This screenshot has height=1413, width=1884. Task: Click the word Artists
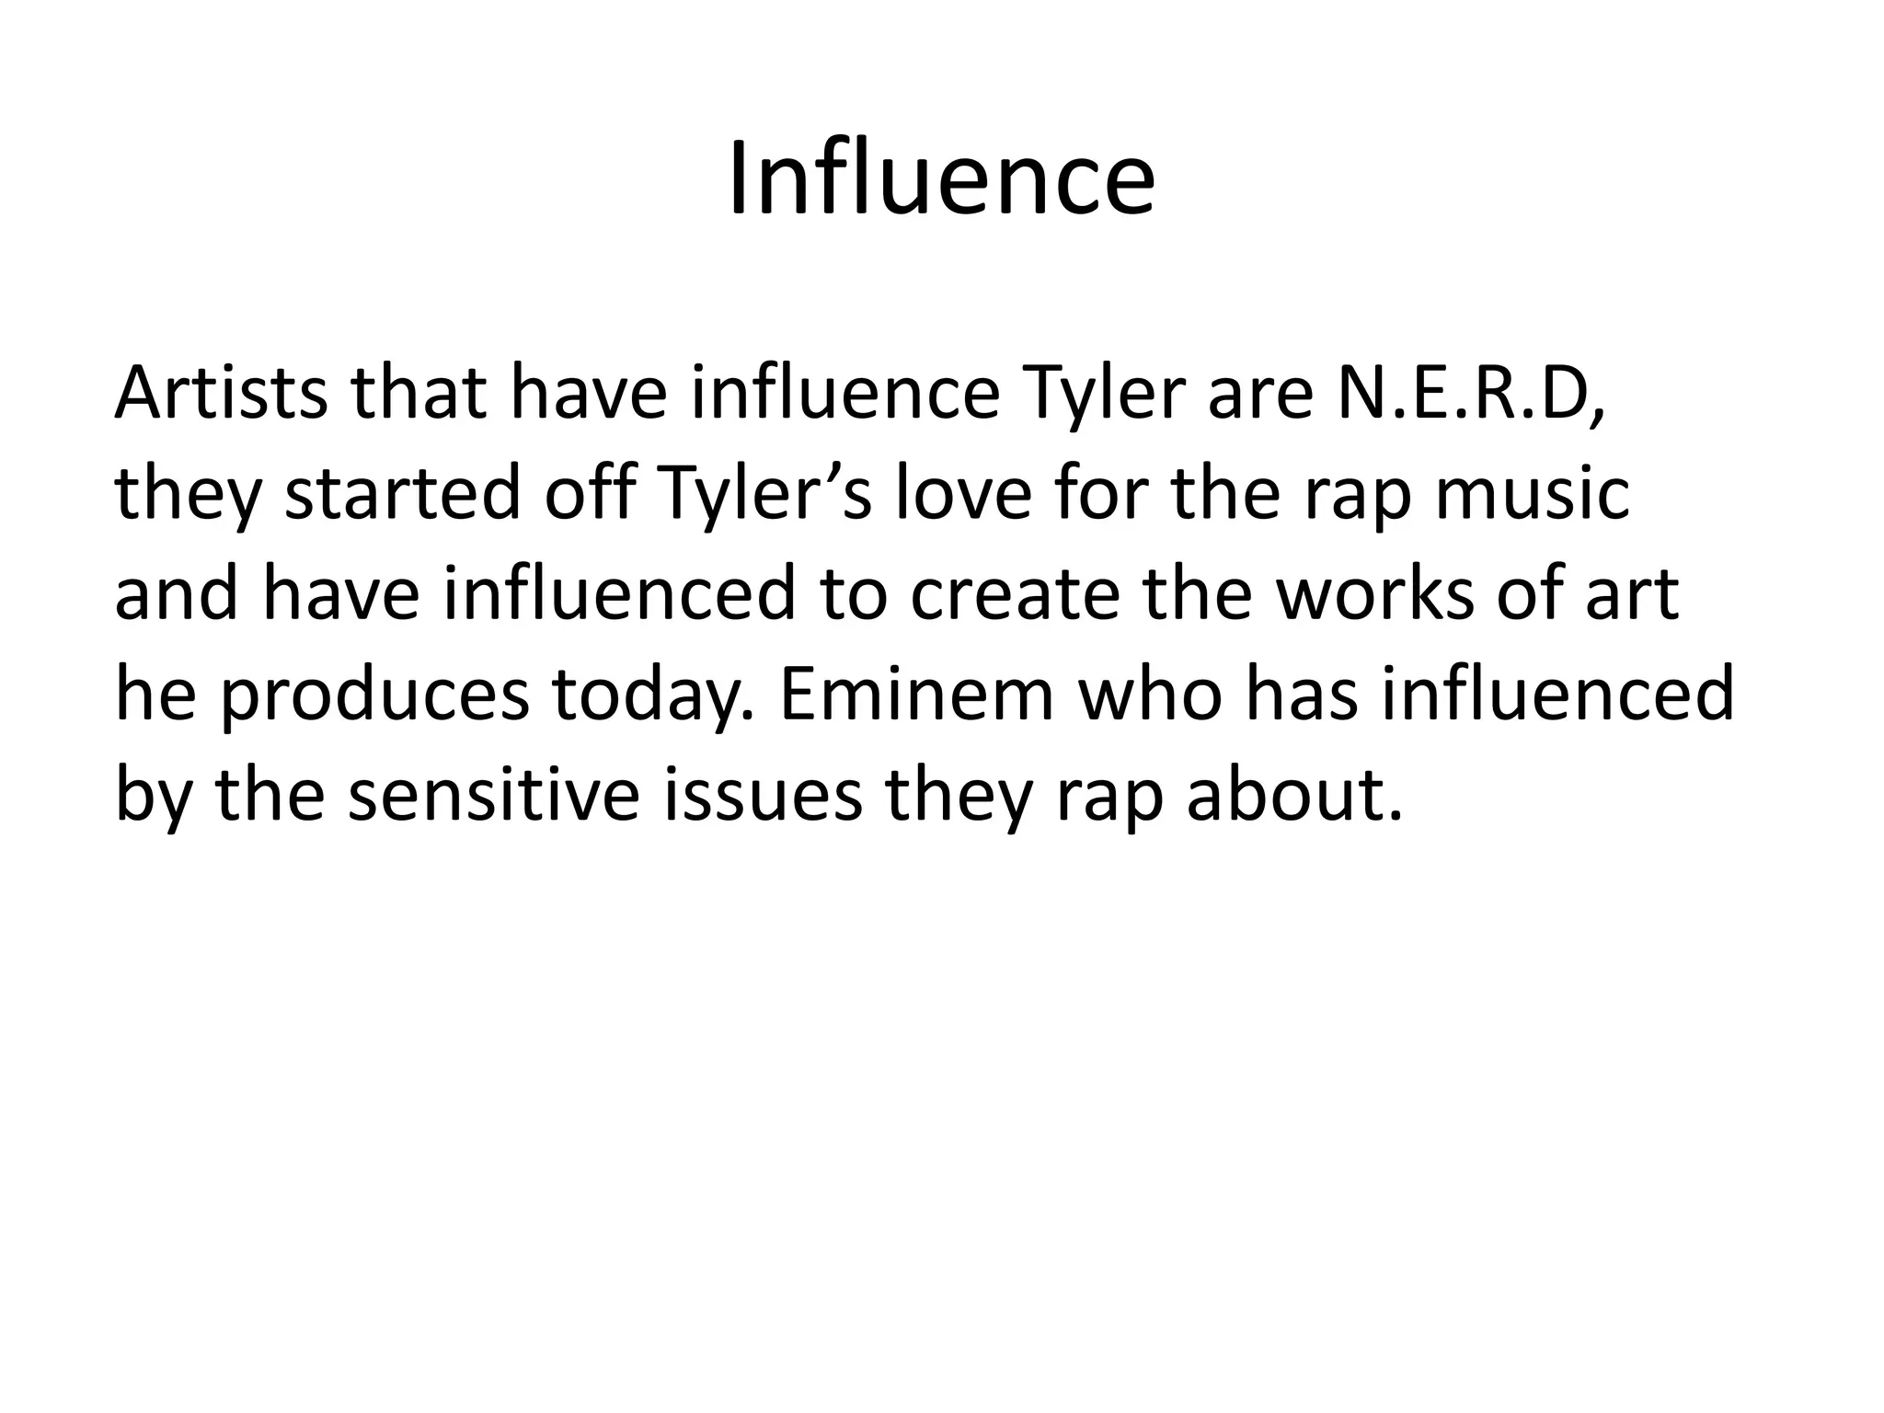221,394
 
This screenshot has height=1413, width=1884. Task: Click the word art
1632,594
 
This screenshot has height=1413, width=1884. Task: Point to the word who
1150,695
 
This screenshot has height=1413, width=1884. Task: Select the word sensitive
493,795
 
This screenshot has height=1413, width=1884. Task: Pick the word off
590,494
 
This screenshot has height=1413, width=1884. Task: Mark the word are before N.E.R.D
1261,394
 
